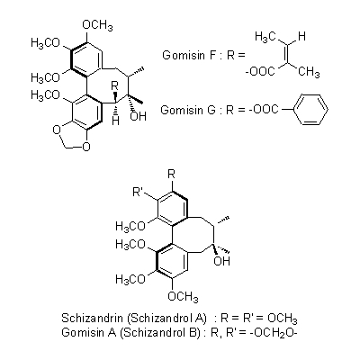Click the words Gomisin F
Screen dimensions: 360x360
(x=187, y=55)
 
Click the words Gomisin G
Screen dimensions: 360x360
(x=188, y=110)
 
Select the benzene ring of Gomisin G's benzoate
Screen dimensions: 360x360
(x=310, y=110)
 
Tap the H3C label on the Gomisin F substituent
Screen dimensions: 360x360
(x=265, y=37)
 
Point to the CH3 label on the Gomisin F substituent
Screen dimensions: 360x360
(x=309, y=72)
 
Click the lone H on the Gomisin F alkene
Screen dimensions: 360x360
(x=301, y=36)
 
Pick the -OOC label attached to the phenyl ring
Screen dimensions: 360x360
(x=264, y=110)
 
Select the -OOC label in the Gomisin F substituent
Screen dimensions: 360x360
(x=260, y=72)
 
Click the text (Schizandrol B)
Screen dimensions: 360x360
(x=160, y=332)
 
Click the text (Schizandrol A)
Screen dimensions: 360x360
(x=167, y=318)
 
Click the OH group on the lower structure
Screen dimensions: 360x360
(x=221, y=261)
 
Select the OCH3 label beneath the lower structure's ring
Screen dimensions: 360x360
(x=183, y=296)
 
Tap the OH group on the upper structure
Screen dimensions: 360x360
(x=138, y=116)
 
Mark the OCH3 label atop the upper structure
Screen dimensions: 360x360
(x=97, y=25)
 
